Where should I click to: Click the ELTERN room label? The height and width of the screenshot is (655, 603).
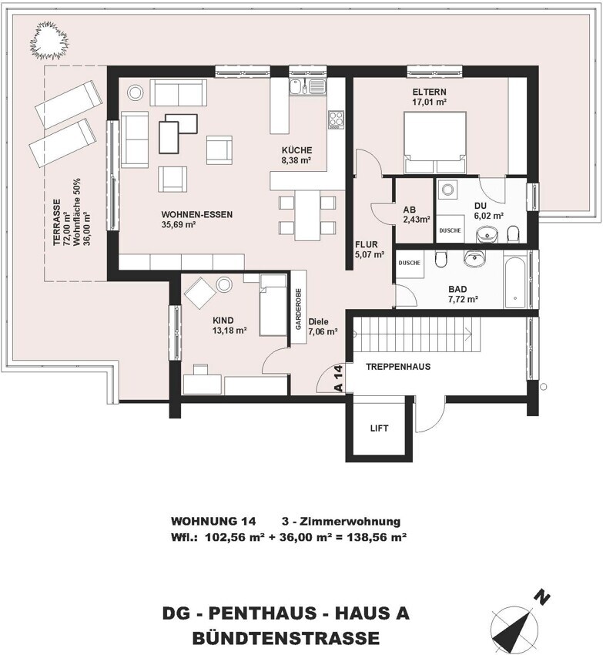pos(429,91)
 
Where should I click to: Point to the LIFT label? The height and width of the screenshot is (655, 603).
pos(378,427)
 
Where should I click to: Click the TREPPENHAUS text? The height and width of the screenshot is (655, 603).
pos(397,367)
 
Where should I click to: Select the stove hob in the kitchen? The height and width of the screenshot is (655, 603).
pos(337,119)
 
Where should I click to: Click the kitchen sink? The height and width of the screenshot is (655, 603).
pos(308,86)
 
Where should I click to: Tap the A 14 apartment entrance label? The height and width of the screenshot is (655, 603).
pos(338,379)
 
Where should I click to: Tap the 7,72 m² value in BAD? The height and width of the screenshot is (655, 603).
pos(463,299)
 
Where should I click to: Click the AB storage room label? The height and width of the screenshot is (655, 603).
pos(410,208)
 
